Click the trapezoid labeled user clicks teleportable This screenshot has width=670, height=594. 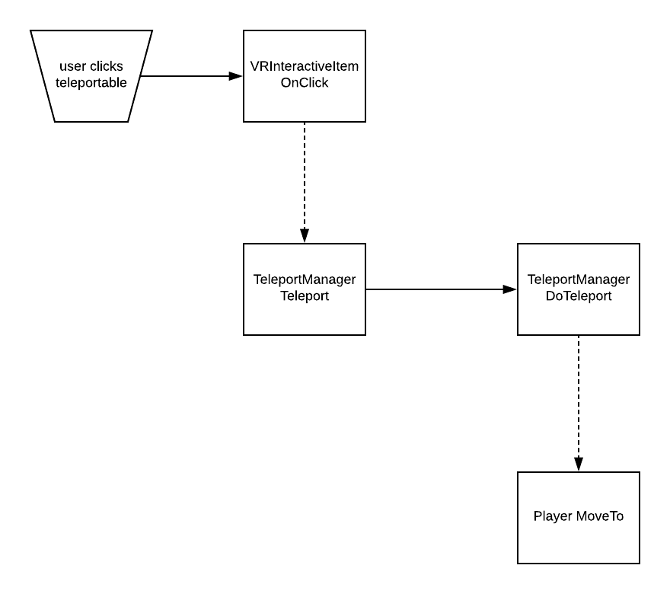[x=91, y=76]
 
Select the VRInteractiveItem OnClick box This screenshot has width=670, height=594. [x=305, y=76]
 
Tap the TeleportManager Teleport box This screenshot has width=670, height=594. [x=305, y=289]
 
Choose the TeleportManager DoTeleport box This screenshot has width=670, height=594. [x=578, y=289]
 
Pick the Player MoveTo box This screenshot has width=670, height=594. [x=578, y=518]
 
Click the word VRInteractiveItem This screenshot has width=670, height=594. [x=305, y=66]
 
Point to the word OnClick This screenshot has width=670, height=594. [x=305, y=82]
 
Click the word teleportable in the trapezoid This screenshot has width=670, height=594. [x=91, y=82]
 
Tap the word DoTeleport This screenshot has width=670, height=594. [x=579, y=295]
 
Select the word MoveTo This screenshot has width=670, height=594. [x=600, y=516]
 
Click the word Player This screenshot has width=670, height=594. [x=553, y=516]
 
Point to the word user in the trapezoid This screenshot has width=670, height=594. [x=73, y=67]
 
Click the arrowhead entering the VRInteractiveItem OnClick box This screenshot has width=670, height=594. [x=235, y=76]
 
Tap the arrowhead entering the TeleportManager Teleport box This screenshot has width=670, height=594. [x=305, y=235]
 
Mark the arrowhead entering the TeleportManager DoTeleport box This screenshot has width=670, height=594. [x=510, y=289]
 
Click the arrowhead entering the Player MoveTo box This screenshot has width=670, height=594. [x=579, y=464]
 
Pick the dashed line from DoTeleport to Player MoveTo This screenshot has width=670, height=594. [x=579, y=404]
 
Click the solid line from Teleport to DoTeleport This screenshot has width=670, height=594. [x=442, y=289]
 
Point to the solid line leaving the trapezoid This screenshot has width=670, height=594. [x=191, y=76]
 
